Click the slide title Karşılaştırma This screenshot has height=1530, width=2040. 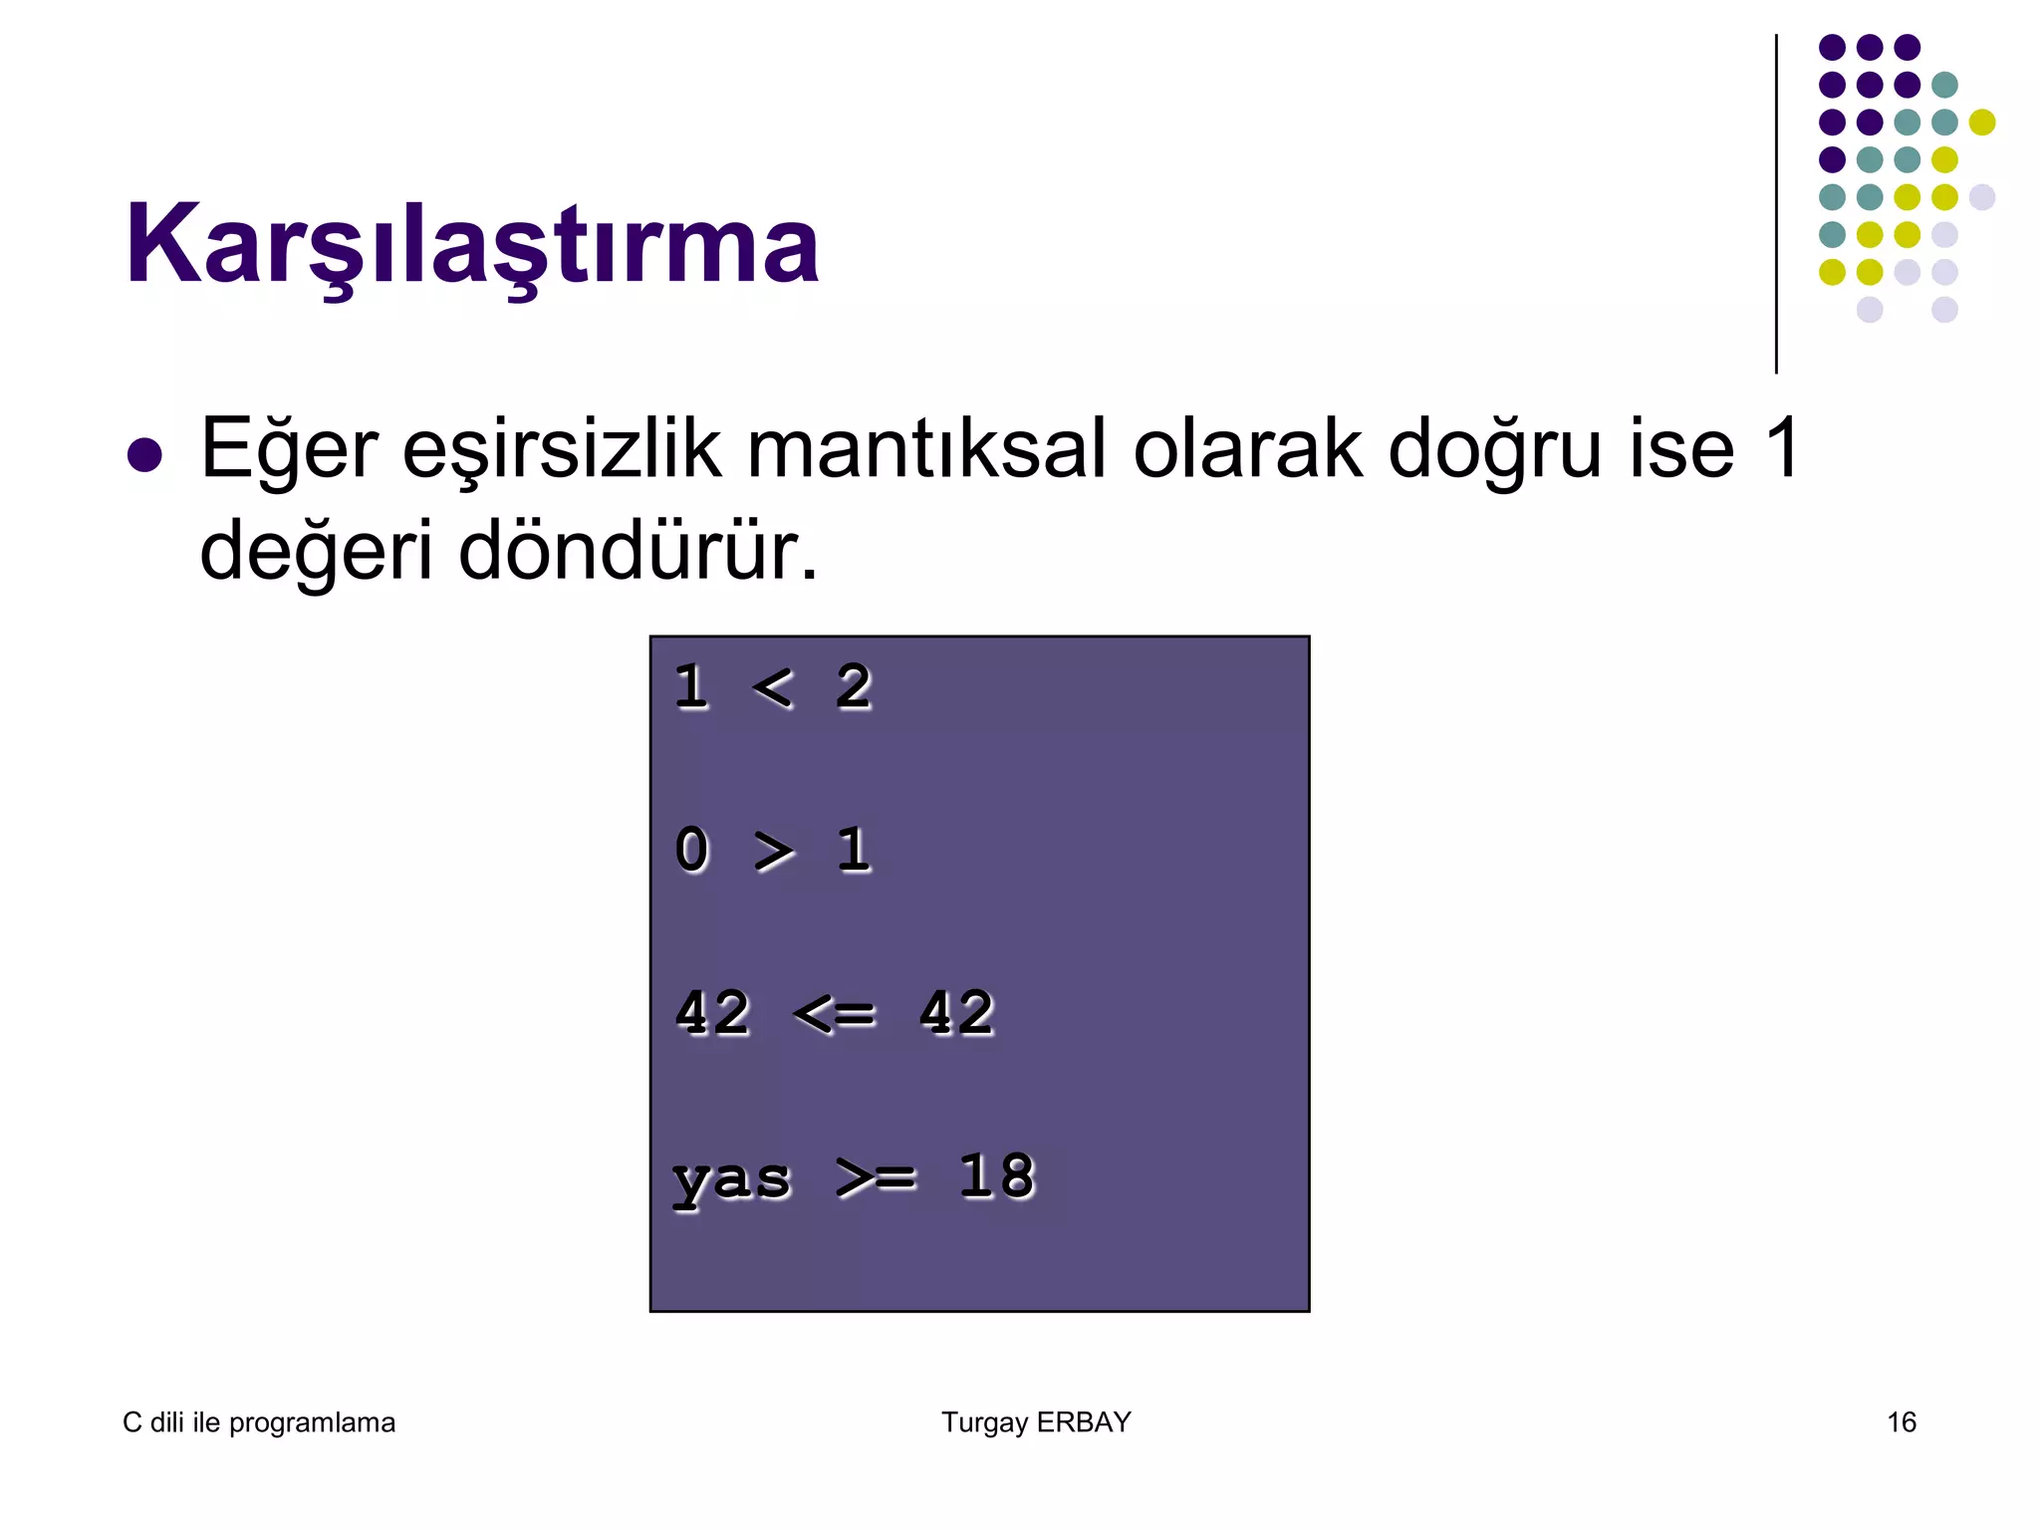click(x=471, y=245)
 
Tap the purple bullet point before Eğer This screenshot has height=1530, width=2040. click(x=145, y=455)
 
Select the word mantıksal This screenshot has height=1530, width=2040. click(x=926, y=448)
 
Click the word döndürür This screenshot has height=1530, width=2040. click(x=637, y=552)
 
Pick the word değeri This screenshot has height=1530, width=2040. click(x=317, y=554)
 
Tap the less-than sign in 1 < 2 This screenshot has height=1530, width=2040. click(x=773, y=687)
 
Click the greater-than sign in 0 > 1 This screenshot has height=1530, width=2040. click(x=774, y=851)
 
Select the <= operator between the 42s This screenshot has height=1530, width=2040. click(x=835, y=1014)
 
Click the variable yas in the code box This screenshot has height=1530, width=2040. click(x=732, y=1179)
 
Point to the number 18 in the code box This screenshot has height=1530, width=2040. click(x=996, y=1176)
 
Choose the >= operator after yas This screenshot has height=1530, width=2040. click(x=876, y=1177)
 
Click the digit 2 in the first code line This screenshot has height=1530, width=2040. click(x=854, y=687)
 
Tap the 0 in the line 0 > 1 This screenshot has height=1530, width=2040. click(x=692, y=851)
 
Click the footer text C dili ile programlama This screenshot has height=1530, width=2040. click(x=259, y=1422)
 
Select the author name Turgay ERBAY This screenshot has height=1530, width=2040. click(x=1036, y=1422)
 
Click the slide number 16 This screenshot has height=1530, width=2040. click(x=1902, y=1422)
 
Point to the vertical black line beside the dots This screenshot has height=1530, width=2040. click(x=1776, y=204)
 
